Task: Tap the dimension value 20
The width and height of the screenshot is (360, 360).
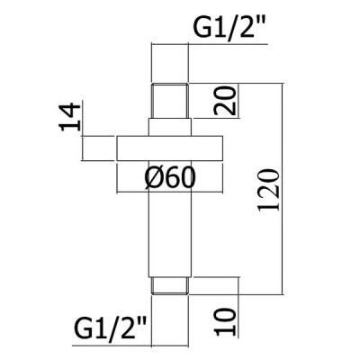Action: (x=225, y=101)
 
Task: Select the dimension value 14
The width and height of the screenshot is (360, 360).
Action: (x=70, y=117)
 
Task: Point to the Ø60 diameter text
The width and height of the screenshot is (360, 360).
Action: (x=170, y=178)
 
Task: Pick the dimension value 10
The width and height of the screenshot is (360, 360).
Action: (x=225, y=322)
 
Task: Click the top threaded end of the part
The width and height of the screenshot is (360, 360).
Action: (x=170, y=101)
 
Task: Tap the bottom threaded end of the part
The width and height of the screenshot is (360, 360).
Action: (x=170, y=286)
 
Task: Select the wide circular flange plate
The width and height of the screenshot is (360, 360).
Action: (x=170, y=148)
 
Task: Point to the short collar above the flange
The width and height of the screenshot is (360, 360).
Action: (x=170, y=128)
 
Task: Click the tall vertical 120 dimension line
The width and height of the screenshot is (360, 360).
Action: (x=282, y=188)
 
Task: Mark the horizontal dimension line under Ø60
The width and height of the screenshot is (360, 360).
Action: (x=170, y=191)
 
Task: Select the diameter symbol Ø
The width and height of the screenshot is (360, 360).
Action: (x=153, y=178)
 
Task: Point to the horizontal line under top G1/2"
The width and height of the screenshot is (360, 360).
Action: (x=210, y=44)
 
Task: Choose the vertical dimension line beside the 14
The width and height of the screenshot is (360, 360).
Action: (x=83, y=131)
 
